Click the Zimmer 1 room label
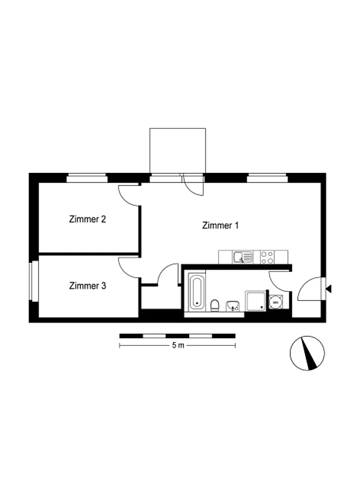click(x=220, y=225)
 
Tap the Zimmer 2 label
click(x=87, y=219)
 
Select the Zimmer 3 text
click(x=87, y=285)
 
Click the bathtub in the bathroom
click(x=197, y=292)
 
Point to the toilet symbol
click(x=214, y=305)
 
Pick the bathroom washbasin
click(x=232, y=306)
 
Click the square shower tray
click(x=256, y=301)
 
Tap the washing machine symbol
click(x=275, y=301)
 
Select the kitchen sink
click(x=243, y=257)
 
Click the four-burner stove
click(x=267, y=257)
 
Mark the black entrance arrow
click(x=328, y=289)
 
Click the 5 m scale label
click(x=178, y=345)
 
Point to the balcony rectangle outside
click(x=177, y=150)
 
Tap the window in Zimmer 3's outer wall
click(x=34, y=282)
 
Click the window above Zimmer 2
click(x=87, y=178)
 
